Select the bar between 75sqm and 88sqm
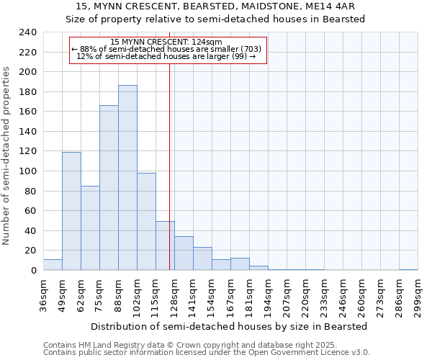click(109, 188)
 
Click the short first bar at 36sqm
click(53, 265)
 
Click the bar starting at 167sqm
click(240, 264)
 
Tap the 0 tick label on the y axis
click(32, 271)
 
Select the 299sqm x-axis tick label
click(418, 296)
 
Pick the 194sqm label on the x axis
click(268, 296)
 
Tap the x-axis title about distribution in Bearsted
click(228, 326)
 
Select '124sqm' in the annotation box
click(205, 42)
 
